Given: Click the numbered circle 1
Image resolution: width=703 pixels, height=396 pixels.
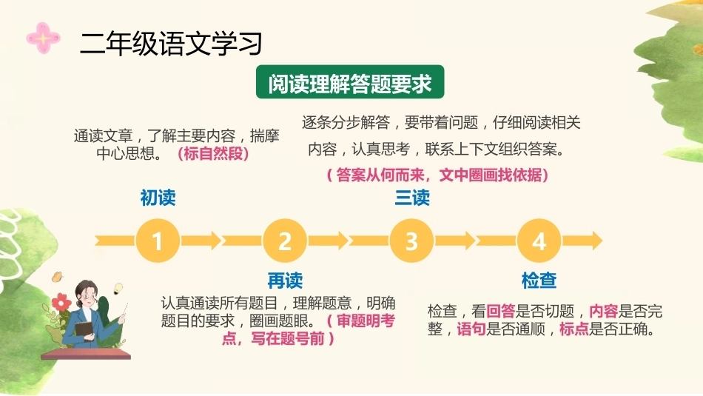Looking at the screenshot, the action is pos(158,241).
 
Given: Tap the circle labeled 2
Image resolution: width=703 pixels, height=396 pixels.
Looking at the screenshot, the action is pos(285,241).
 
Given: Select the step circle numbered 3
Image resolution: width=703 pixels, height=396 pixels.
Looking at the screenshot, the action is pos(411,241).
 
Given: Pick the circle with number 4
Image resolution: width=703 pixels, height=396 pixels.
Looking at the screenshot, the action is pos(539,241).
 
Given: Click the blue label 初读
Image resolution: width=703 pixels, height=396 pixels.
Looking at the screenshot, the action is pos(158,198).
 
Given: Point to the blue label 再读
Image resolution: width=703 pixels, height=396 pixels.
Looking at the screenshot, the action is pos(285,281).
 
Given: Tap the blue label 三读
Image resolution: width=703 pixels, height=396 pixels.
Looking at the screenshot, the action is pos(412,198).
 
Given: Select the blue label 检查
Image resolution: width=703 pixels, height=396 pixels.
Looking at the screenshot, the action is pos(539,281).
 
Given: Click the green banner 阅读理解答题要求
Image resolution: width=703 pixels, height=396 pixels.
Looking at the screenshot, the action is pos(350,82).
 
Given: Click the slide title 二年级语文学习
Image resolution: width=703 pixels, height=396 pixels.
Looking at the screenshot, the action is pos(171,44).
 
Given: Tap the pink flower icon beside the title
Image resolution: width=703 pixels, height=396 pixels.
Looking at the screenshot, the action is pos(43,38).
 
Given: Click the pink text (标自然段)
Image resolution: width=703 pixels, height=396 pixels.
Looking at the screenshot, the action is pos(213,153).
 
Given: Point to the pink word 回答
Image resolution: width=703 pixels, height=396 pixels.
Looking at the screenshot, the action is pos(501,311).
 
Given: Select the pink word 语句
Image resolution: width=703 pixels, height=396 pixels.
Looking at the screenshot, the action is pos(471,329).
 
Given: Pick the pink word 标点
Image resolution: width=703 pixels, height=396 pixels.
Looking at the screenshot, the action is pos(574,329).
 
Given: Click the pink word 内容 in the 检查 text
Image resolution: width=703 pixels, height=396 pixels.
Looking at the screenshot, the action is pos(603,311).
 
